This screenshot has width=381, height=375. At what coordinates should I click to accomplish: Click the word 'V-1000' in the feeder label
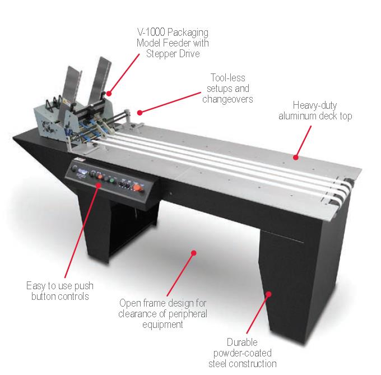151,32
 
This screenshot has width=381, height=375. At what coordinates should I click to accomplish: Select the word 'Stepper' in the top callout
161,54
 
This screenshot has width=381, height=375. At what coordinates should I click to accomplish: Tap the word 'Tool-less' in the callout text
227,78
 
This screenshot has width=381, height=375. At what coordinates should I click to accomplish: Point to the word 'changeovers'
227,99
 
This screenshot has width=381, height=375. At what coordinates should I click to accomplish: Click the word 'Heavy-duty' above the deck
315,105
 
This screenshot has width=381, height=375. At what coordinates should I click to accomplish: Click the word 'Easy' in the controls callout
36,286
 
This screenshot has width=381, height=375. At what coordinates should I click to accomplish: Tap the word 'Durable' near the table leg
242,342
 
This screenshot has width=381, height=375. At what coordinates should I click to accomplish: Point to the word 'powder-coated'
242,353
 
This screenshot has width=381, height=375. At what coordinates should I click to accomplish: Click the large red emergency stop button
137,188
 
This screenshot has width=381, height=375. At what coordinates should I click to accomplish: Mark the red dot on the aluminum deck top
296,158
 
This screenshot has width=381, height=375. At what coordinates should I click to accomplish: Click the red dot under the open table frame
194,253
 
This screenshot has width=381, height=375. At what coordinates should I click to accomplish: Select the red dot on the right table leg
268,294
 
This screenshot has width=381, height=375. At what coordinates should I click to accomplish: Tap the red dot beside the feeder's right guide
109,93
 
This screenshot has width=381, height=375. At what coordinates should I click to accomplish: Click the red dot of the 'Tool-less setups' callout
140,113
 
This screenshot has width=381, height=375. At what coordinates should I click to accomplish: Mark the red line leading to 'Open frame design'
180,275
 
